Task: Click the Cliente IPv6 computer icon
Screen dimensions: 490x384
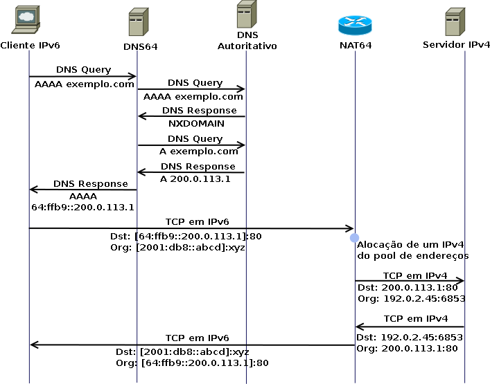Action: [26, 19]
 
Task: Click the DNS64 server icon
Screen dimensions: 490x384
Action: [139, 22]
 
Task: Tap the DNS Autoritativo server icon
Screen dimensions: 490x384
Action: [247, 15]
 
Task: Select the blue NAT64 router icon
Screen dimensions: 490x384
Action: [355, 25]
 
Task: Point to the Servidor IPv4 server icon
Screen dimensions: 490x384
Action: [455, 22]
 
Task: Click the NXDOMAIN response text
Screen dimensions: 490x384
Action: [196, 124]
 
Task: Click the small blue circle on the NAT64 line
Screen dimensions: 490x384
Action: [354, 238]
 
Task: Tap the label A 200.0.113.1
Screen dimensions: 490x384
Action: [195, 179]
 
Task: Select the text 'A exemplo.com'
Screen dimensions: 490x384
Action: [199, 152]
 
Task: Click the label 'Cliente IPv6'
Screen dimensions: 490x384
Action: [30, 46]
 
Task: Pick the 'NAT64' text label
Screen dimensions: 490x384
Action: [356, 46]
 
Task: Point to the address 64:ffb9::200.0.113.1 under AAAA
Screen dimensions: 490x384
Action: [82, 208]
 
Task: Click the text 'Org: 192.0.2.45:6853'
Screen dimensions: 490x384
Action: [412, 299]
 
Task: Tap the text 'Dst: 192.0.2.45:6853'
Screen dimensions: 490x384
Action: [410, 338]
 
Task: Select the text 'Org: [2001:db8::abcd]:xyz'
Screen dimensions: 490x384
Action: [178, 248]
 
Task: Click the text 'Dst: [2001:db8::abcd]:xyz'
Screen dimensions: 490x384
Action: [182, 352]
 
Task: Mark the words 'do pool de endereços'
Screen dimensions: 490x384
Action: [413, 256]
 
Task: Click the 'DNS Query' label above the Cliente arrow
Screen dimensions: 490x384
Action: [83, 70]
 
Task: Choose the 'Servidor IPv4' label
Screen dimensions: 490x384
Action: [456, 45]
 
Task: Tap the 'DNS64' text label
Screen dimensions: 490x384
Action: [140, 47]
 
